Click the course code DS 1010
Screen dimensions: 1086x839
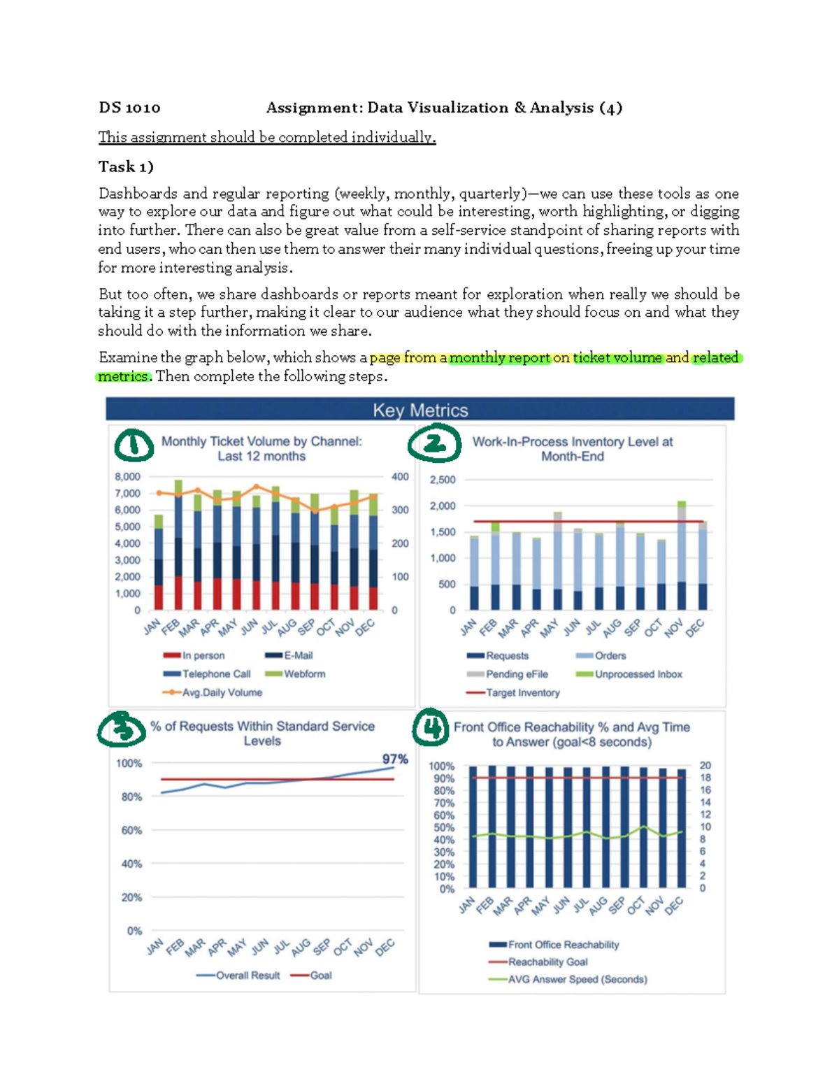coord(129,108)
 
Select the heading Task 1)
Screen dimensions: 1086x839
coord(126,166)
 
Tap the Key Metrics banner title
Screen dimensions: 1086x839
coord(420,410)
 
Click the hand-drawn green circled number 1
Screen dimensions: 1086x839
coord(134,445)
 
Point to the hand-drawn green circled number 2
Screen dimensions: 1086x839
coord(434,444)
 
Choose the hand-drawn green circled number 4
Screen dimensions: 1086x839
coord(430,728)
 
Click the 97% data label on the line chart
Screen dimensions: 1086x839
coord(395,759)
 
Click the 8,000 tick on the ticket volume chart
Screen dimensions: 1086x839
coord(127,477)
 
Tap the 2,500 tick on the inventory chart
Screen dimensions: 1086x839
coord(443,480)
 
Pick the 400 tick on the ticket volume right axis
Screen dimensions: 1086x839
coord(400,477)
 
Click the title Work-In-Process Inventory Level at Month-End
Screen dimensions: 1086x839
coord(572,449)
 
